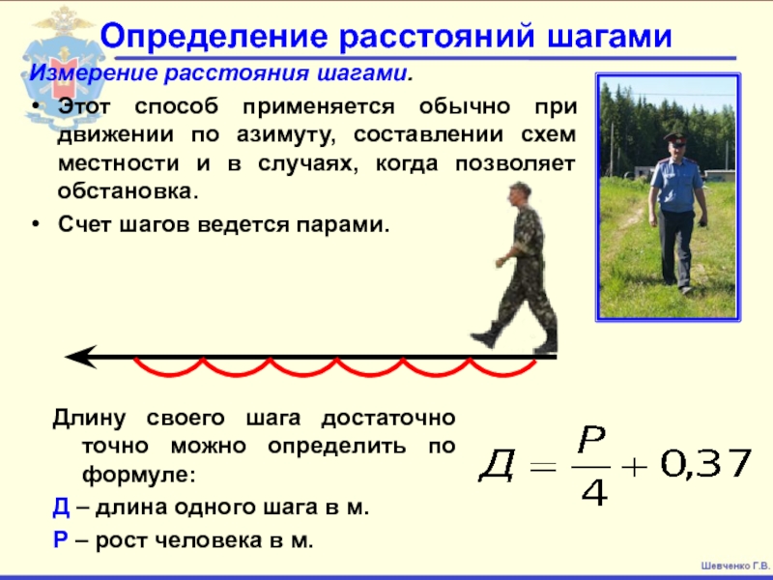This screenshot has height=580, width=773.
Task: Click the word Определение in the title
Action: (214, 36)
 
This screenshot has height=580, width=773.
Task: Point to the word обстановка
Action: (129, 190)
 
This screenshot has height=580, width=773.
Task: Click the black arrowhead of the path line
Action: (81, 356)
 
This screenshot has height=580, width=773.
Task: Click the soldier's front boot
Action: (486, 336)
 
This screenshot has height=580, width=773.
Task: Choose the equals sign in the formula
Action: (543, 466)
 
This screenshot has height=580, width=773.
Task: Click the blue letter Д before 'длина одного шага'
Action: (61, 507)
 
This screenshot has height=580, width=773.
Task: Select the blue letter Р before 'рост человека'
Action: (60, 540)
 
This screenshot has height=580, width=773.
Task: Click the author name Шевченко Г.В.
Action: (734, 565)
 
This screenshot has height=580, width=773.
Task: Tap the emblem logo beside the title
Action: (62, 67)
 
